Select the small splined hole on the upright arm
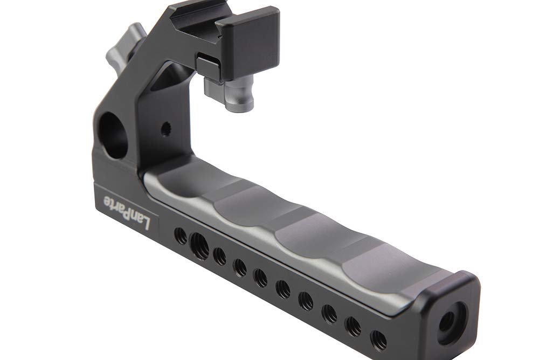click(x=166, y=129)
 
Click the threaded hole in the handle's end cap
click(x=447, y=322)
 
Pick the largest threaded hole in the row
click(x=199, y=246)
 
